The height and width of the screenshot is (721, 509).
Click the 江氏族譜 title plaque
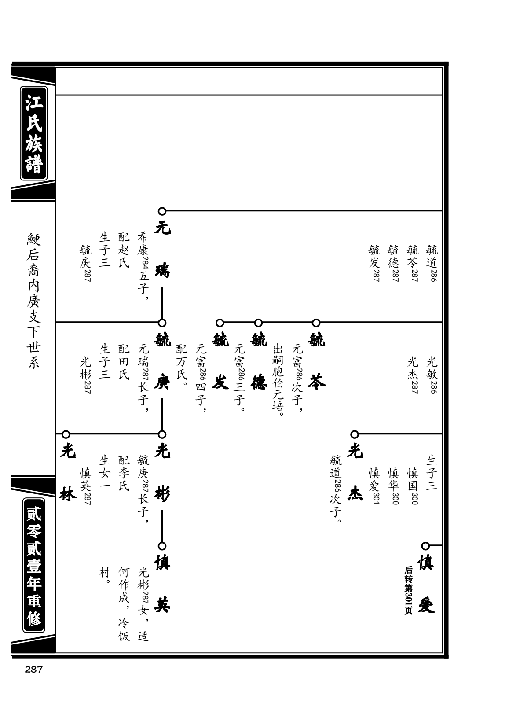click(x=34, y=133)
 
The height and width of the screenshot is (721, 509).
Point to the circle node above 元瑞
click(x=162, y=211)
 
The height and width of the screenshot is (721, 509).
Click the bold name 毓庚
click(x=162, y=361)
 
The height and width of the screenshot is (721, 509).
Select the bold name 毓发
click(x=220, y=361)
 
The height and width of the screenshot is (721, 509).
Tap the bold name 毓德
click(x=259, y=361)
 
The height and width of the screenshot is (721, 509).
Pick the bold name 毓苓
click(x=317, y=361)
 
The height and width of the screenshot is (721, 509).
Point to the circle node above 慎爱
click(x=425, y=546)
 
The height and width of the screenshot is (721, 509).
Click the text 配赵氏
click(x=124, y=250)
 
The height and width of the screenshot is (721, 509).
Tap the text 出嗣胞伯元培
click(x=278, y=380)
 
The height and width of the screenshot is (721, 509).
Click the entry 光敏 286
click(x=432, y=375)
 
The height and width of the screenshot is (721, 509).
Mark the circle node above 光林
click(x=66, y=434)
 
